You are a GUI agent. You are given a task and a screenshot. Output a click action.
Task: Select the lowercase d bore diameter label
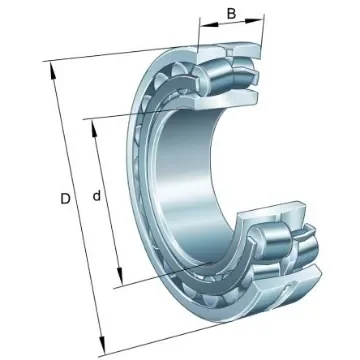pos(96,197)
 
